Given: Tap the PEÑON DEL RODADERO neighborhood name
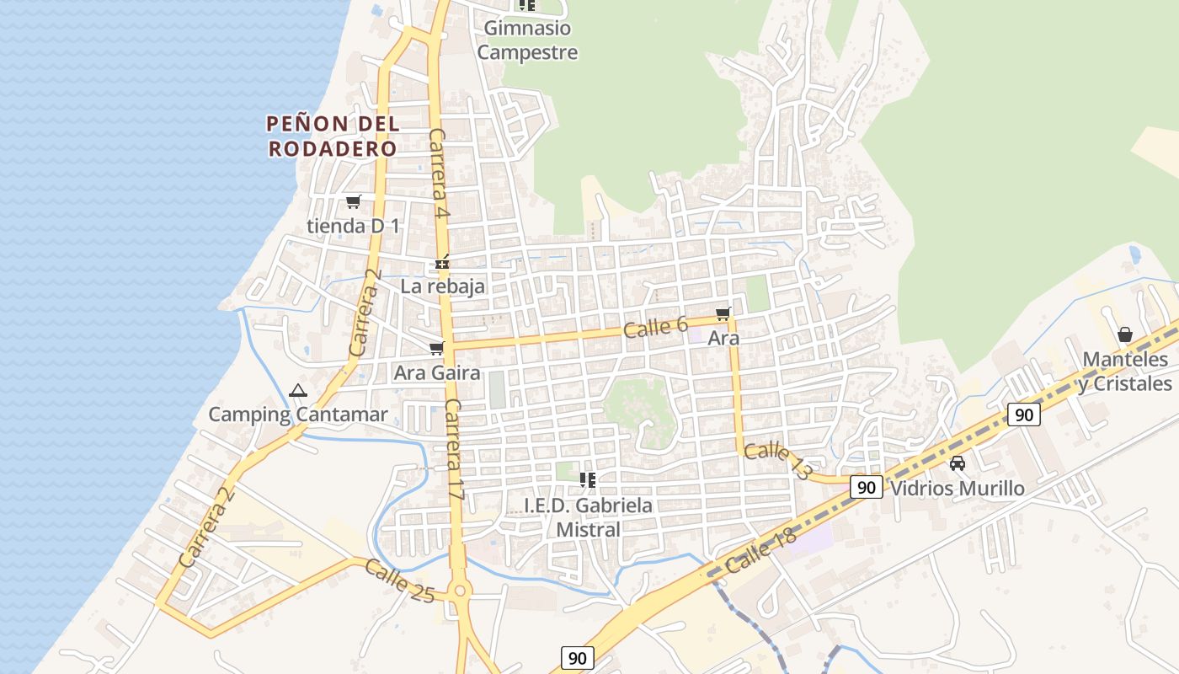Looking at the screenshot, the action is [x=333, y=136].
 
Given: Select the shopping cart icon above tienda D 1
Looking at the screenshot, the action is [x=354, y=202].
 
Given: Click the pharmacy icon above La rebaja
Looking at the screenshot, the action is [x=442, y=263].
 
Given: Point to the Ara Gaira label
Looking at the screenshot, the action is [x=437, y=372].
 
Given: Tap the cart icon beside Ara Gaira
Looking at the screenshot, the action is [x=436, y=349].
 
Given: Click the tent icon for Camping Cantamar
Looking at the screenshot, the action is [x=297, y=391].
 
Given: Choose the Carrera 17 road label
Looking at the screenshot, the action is [x=455, y=450].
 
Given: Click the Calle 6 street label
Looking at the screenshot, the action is [x=656, y=327].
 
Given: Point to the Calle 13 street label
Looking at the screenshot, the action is [x=776, y=461].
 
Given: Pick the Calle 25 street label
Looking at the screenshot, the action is [x=400, y=581].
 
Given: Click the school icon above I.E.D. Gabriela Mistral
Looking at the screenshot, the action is [x=588, y=480].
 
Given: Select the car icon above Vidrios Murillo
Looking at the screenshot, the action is [x=958, y=463].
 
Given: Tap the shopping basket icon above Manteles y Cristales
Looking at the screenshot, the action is [x=1125, y=335].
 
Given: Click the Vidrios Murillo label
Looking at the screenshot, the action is [x=958, y=489].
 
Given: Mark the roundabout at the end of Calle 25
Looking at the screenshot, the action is [x=459, y=591].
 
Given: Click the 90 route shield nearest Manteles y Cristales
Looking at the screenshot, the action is [x=1023, y=415].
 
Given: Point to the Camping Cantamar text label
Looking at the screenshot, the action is [x=298, y=415].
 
